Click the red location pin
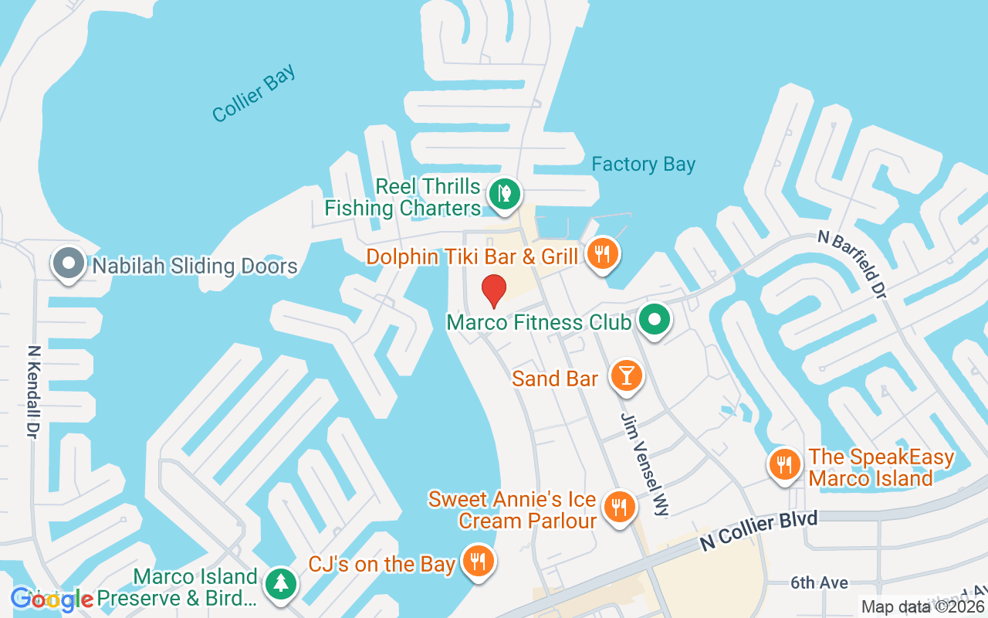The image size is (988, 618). [x=493, y=291]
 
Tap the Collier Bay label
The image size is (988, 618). [x=254, y=94]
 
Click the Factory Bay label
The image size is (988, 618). [x=643, y=165]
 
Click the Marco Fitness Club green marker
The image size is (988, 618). [x=655, y=319]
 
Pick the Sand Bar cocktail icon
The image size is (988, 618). [x=626, y=376]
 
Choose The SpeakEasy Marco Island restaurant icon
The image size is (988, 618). [x=784, y=464]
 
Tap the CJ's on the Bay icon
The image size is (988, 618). [x=479, y=561]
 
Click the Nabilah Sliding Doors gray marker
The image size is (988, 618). [x=68, y=263]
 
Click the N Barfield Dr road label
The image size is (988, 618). [x=851, y=264]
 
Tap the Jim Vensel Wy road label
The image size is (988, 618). [x=643, y=463]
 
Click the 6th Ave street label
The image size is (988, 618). [x=820, y=582]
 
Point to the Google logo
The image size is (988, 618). [x=52, y=599]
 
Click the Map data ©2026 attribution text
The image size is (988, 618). [x=923, y=607]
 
